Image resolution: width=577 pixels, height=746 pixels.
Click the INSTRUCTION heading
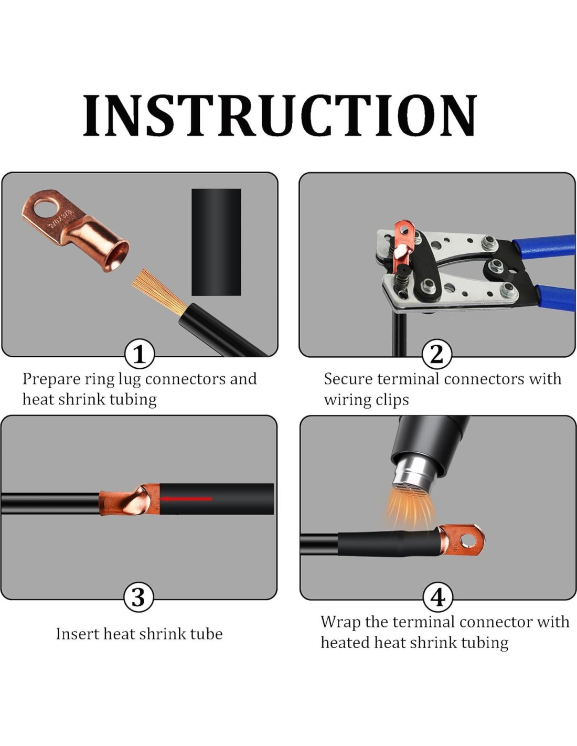pyautogui.click(x=280, y=116)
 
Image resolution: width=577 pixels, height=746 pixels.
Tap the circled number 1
pyautogui.click(x=139, y=354)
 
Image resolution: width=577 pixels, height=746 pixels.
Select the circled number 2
pyautogui.click(x=436, y=354)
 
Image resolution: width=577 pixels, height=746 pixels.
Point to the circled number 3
pyautogui.click(x=138, y=598)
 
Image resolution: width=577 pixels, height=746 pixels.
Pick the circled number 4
pyautogui.click(x=439, y=598)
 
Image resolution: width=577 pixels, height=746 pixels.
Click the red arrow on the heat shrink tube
pyautogui.click(x=187, y=499)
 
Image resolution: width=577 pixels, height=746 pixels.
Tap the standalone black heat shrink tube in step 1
pyautogui.click(x=216, y=242)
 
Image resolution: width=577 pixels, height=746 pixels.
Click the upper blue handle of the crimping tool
pyautogui.click(x=546, y=245)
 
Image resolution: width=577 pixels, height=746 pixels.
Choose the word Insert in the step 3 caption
pyautogui.click(x=77, y=634)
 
